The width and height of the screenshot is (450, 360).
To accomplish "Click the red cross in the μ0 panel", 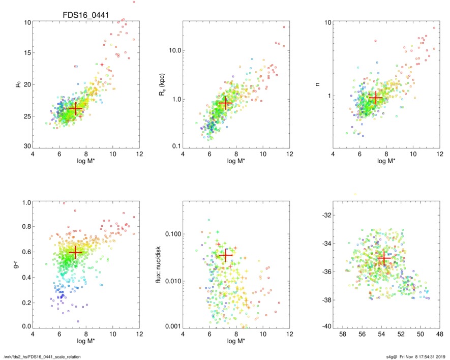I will [75, 108].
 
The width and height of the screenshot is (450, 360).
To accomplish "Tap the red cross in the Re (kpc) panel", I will [225, 103].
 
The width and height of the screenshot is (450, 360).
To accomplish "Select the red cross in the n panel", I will [375, 98].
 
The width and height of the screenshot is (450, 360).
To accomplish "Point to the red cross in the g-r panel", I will [75, 252].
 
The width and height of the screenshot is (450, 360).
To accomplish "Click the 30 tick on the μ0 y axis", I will [27, 146].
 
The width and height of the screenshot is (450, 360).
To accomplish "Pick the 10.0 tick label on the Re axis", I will [175, 50].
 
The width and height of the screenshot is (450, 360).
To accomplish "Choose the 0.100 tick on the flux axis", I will [173, 234].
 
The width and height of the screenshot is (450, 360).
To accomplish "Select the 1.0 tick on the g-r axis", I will [26, 202].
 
